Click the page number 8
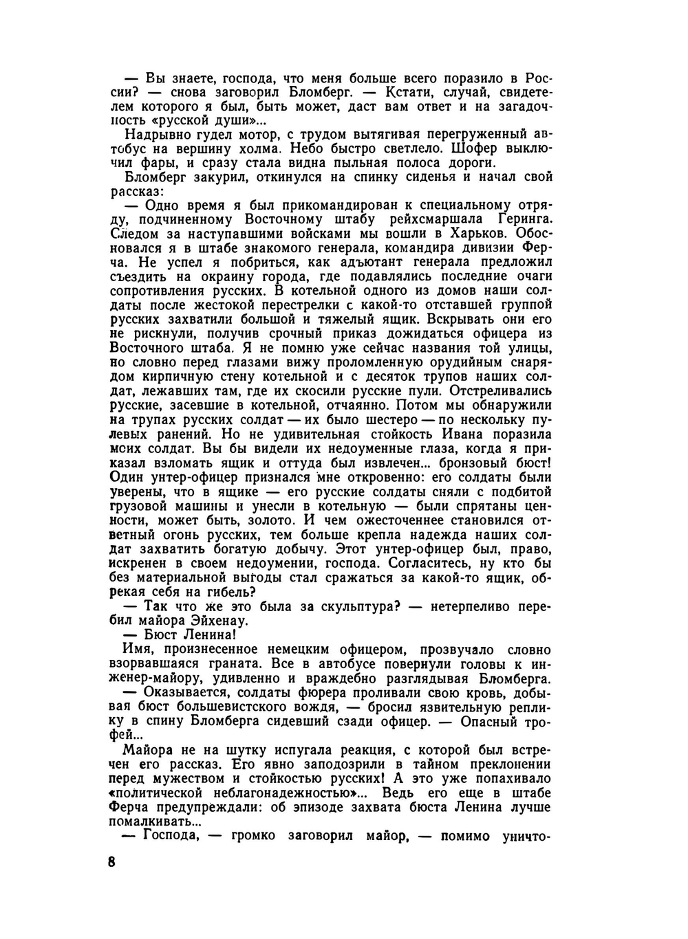coord(112,863)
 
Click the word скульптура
coord(354,606)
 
